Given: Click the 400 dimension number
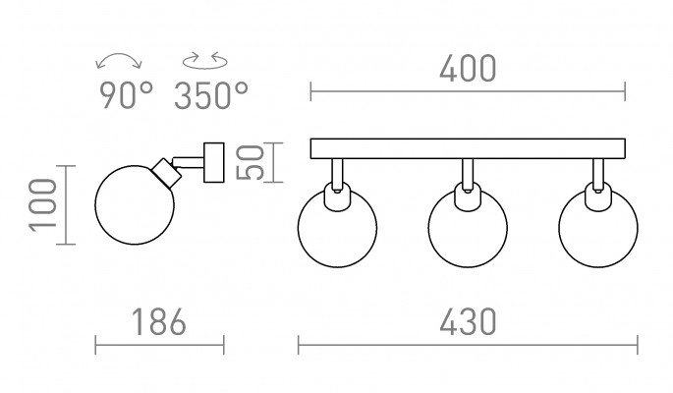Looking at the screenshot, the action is (x=468, y=69).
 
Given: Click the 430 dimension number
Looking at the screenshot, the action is (x=468, y=322).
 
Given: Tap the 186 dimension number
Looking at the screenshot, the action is (x=159, y=322).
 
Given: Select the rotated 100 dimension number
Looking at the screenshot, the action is (x=43, y=205).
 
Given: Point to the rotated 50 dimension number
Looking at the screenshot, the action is (x=251, y=162).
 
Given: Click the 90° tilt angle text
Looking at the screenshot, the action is (x=126, y=95).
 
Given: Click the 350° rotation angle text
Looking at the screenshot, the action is (x=210, y=95).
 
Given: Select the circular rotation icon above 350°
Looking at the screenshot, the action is (x=204, y=61).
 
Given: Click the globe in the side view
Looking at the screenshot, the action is (x=135, y=205).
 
